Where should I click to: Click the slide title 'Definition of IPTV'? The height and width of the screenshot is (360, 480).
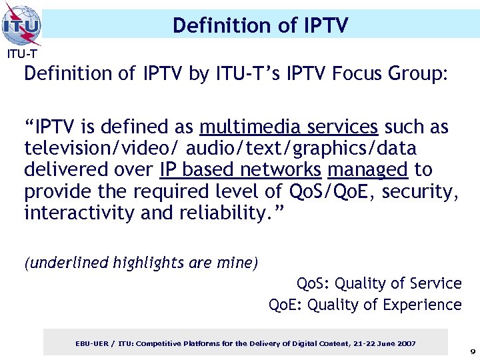(260, 25)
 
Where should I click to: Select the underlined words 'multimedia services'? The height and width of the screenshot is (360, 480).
(289, 127)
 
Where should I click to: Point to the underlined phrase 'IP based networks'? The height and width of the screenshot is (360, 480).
(241, 170)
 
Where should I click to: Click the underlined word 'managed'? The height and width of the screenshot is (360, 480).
(367, 170)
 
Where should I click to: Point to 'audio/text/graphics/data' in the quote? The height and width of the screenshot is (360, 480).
(301, 148)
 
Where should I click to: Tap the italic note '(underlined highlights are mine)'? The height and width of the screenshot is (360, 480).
(141, 263)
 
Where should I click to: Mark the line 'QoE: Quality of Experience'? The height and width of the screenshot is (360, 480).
(365, 305)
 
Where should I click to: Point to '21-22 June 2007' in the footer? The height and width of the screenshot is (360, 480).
(383, 343)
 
